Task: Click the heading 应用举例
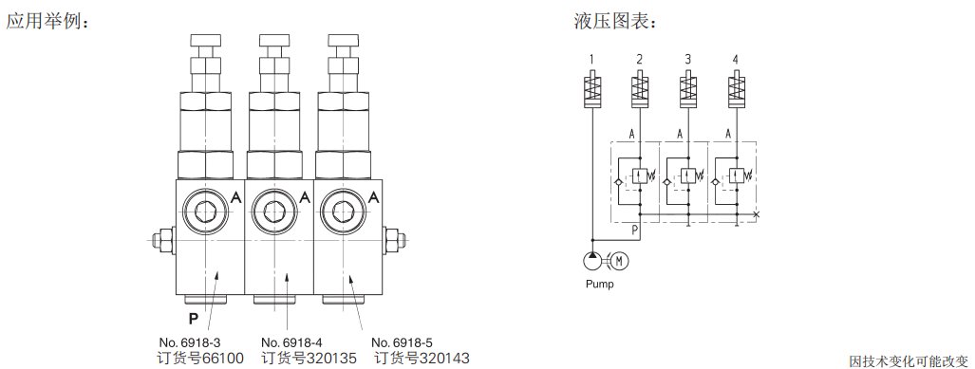(x=47, y=21)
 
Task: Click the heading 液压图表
(x=615, y=21)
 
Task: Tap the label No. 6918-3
(x=190, y=342)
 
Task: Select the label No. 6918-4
(x=292, y=342)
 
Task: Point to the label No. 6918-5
(x=402, y=342)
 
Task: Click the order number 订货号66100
(x=201, y=359)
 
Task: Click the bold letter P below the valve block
(x=194, y=320)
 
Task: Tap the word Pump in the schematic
(x=599, y=285)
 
